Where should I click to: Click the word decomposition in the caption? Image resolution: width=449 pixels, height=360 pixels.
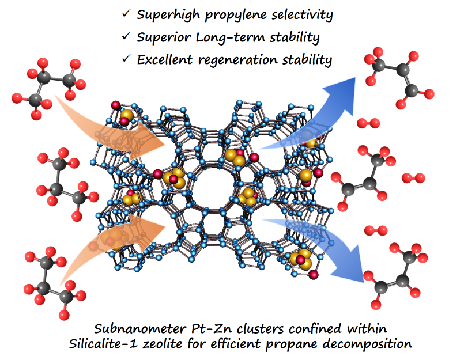coord(369,345)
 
